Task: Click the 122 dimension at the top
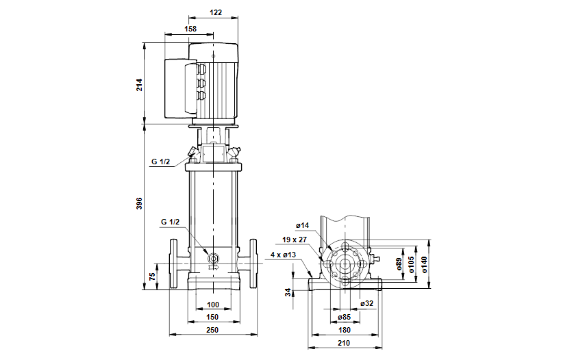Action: pyautogui.click(x=216, y=12)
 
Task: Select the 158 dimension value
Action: pyautogui.click(x=190, y=29)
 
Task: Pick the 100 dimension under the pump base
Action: pyautogui.click(x=213, y=304)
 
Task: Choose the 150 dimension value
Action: pyautogui.click(x=213, y=318)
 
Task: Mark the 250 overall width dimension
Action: pyautogui.click(x=213, y=331)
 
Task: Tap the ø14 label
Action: pyautogui.click(x=303, y=225)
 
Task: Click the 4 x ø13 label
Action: pyautogui.click(x=283, y=255)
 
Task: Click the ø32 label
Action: pyautogui.click(x=368, y=303)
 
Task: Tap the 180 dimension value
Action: pyautogui.click(x=344, y=330)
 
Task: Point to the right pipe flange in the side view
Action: pyautogui.click(x=254, y=263)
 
